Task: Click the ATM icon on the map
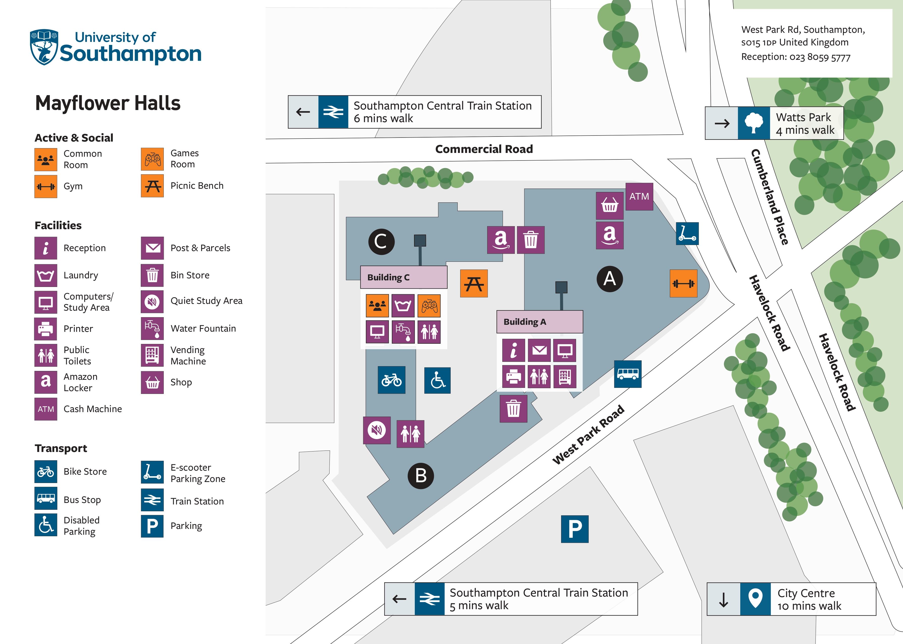(x=639, y=197)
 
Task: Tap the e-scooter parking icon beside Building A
(x=687, y=234)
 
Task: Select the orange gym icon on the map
(x=683, y=284)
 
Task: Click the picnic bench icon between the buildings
(x=474, y=284)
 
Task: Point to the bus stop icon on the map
(x=627, y=374)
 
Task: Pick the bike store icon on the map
(x=391, y=380)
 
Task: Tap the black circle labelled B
(x=421, y=475)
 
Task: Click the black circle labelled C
(x=381, y=241)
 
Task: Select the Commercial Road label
(x=484, y=149)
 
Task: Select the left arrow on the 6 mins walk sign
(x=303, y=112)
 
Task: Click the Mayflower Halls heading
(x=108, y=103)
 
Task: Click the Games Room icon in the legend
(x=152, y=159)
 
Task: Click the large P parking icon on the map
(x=574, y=529)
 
